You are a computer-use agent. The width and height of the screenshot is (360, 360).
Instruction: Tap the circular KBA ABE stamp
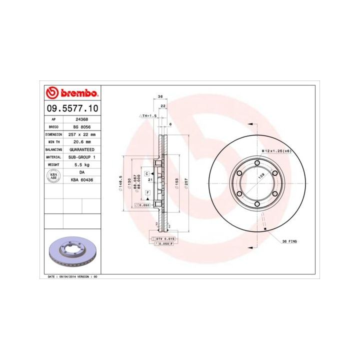53,175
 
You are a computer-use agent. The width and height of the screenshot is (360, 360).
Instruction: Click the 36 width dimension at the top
160,96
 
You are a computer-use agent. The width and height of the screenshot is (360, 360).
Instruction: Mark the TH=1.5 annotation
148,115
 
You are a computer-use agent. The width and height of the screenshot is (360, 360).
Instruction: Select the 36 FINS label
289,241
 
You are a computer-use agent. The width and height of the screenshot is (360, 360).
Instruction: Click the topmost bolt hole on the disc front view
256,163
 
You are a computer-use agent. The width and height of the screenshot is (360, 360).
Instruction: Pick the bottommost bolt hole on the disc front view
256,203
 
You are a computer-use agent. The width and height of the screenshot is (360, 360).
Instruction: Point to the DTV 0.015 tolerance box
164,239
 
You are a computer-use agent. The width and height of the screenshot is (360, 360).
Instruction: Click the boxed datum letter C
147,173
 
